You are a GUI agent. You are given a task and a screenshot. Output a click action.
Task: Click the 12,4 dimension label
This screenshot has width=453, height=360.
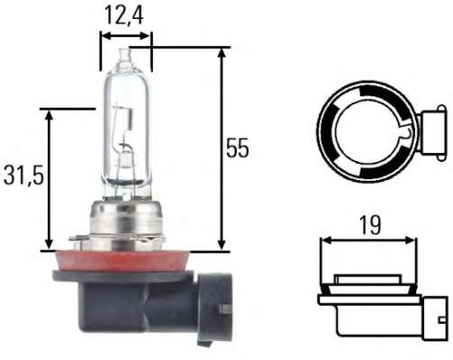(124, 15)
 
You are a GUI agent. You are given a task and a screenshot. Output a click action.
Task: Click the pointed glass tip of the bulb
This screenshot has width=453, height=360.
(124, 56)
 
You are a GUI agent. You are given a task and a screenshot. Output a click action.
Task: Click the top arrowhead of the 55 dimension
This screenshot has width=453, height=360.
(220, 53)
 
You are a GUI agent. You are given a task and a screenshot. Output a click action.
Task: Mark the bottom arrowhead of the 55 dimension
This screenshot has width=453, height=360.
(220, 245)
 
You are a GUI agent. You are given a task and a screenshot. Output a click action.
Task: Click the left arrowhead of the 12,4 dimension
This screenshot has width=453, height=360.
(104, 36)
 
